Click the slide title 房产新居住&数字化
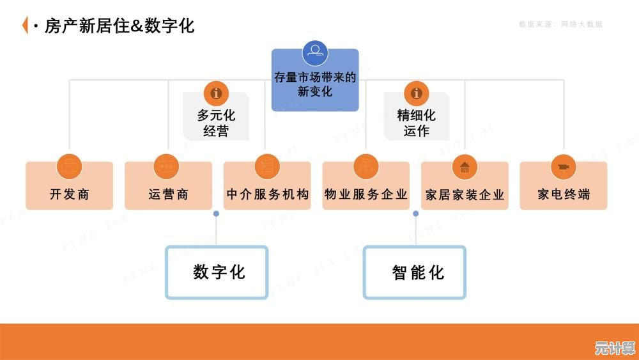(x=119, y=26)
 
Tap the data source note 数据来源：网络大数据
(x=560, y=24)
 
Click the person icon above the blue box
(x=315, y=53)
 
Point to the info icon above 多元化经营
(x=216, y=93)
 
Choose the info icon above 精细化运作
(x=417, y=93)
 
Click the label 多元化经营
(x=216, y=123)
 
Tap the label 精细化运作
(x=417, y=123)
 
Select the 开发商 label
(x=69, y=194)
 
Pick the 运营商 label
(x=168, y=194)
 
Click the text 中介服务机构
(x=267, y=194)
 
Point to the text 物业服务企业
(x=366, y=194)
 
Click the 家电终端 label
(x=563, y=194)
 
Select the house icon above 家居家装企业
(x=465, y=167)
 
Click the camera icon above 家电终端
(x=563, y=167)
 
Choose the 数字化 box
(x=217, y=272)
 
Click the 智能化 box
(x=415, y=272)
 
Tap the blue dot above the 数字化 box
(x=216, y=214)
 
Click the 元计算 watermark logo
(x=615, y=348)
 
